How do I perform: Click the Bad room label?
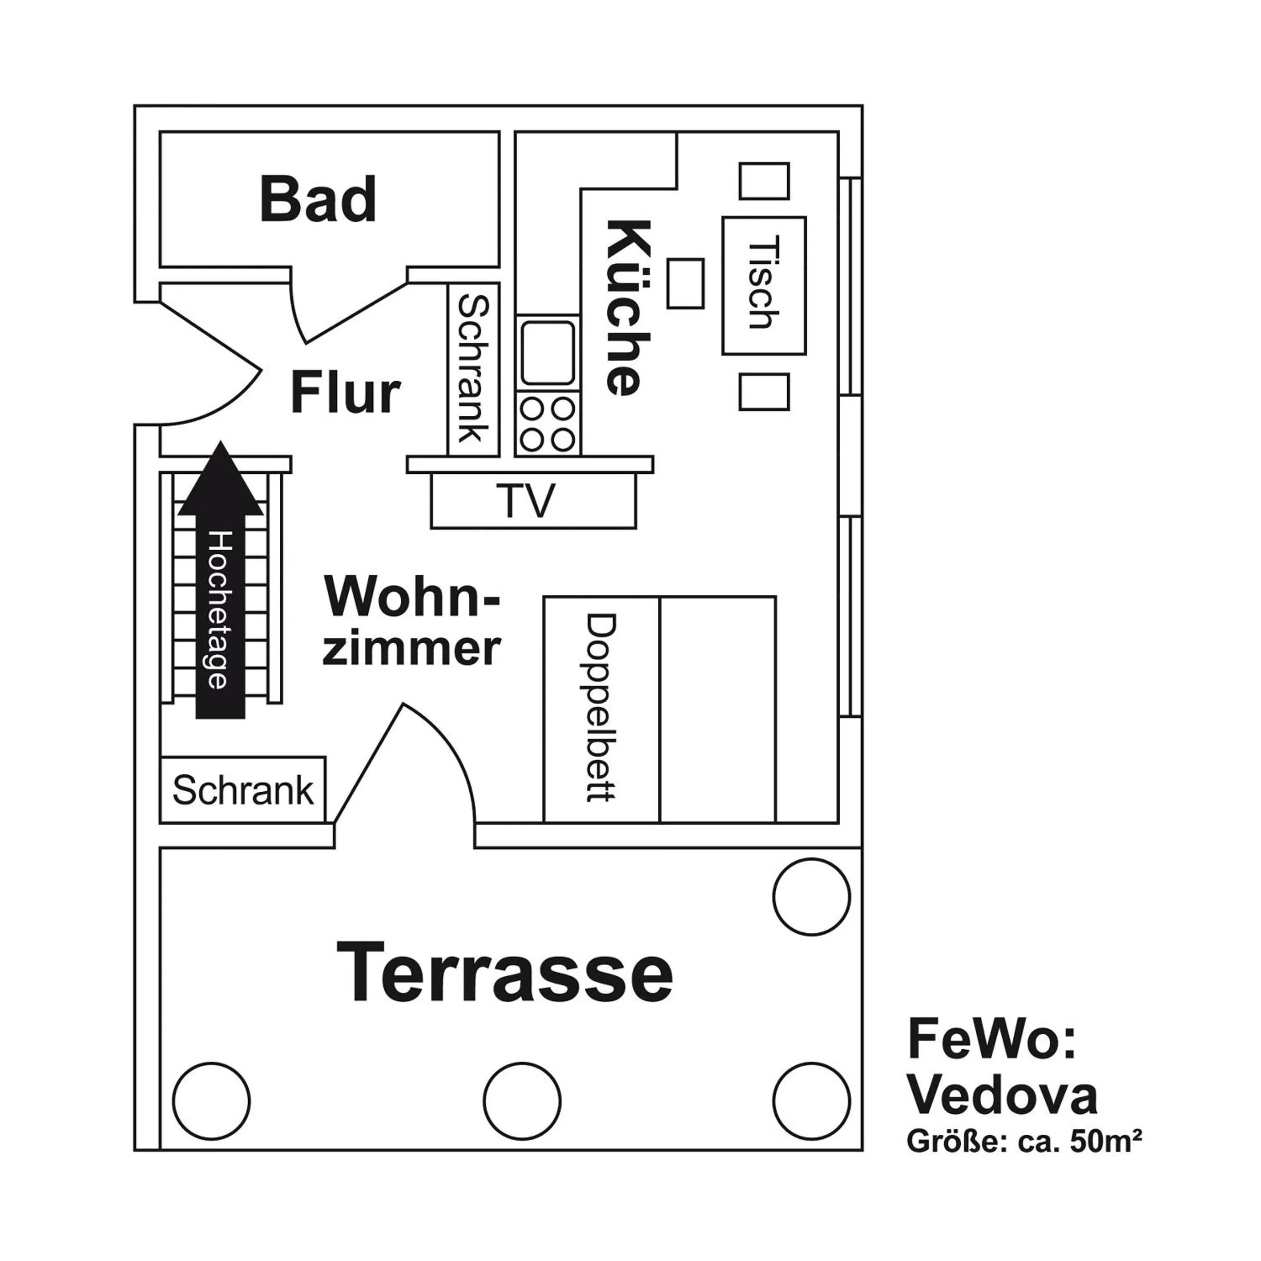[x=318, y=199]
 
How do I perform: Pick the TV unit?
[x=533, y=500]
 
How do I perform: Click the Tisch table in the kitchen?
[x=764, y=286]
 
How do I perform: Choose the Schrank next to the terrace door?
[x=243, y=790]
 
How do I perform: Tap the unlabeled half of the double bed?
[x=718, y=709]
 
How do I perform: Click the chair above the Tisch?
[x=764, y=181]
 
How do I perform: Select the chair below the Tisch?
[x=764, y=391]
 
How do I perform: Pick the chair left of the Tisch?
[x=685, y=283]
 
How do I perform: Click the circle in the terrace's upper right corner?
[x=811, y=897]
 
